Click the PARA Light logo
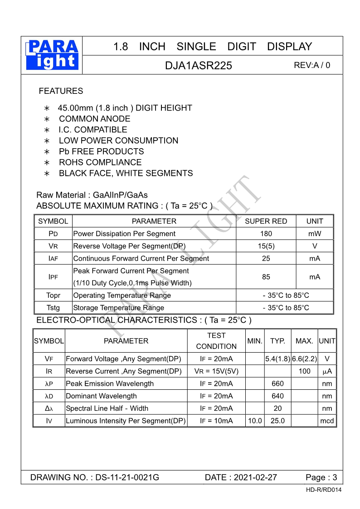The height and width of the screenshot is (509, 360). [x=52, y=55]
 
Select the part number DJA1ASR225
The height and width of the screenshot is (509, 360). [x=198, y=65]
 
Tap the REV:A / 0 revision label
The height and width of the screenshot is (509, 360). [x=312, y=65]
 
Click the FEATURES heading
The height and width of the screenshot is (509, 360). [x=61, y=91]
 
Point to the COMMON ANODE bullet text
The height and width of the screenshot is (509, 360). [x=94, y=119]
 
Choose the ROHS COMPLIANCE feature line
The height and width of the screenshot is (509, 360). [x=100, y=162]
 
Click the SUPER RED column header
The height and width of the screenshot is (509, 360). [x=266, y=221]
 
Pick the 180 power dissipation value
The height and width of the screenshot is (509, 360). [x=266, y=234]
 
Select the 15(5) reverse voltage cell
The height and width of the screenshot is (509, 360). [x=266, y=246]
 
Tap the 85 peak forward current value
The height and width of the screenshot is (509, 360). [x=266, y=277]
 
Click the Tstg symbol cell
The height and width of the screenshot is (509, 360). [x=53, y=308]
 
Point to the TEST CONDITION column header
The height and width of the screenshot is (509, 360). [x=216, y=341]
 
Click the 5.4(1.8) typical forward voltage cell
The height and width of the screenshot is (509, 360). [x=277, y=359]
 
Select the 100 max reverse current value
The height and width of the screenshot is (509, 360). [x=304, y=371]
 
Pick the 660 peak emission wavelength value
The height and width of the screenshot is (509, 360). [x=277, y=383]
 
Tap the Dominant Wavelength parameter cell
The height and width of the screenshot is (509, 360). [x=102, y=396]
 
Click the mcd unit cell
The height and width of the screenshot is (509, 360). [x=327, y=421]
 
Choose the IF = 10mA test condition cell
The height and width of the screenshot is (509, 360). [x=216, y=421]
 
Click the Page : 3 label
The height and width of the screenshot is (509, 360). [x=321, y=477]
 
